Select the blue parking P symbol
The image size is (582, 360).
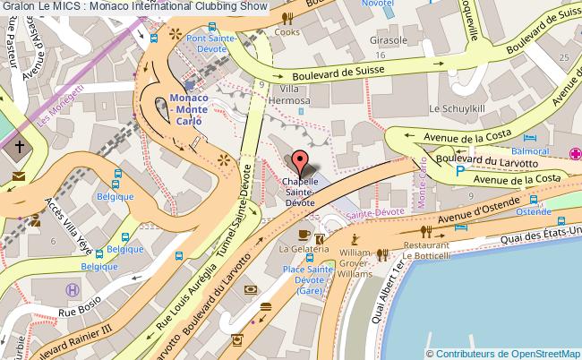[460, 170]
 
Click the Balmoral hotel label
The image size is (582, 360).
[537, 152]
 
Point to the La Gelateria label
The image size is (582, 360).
[295, 247]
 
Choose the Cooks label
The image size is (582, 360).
[287, 32]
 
